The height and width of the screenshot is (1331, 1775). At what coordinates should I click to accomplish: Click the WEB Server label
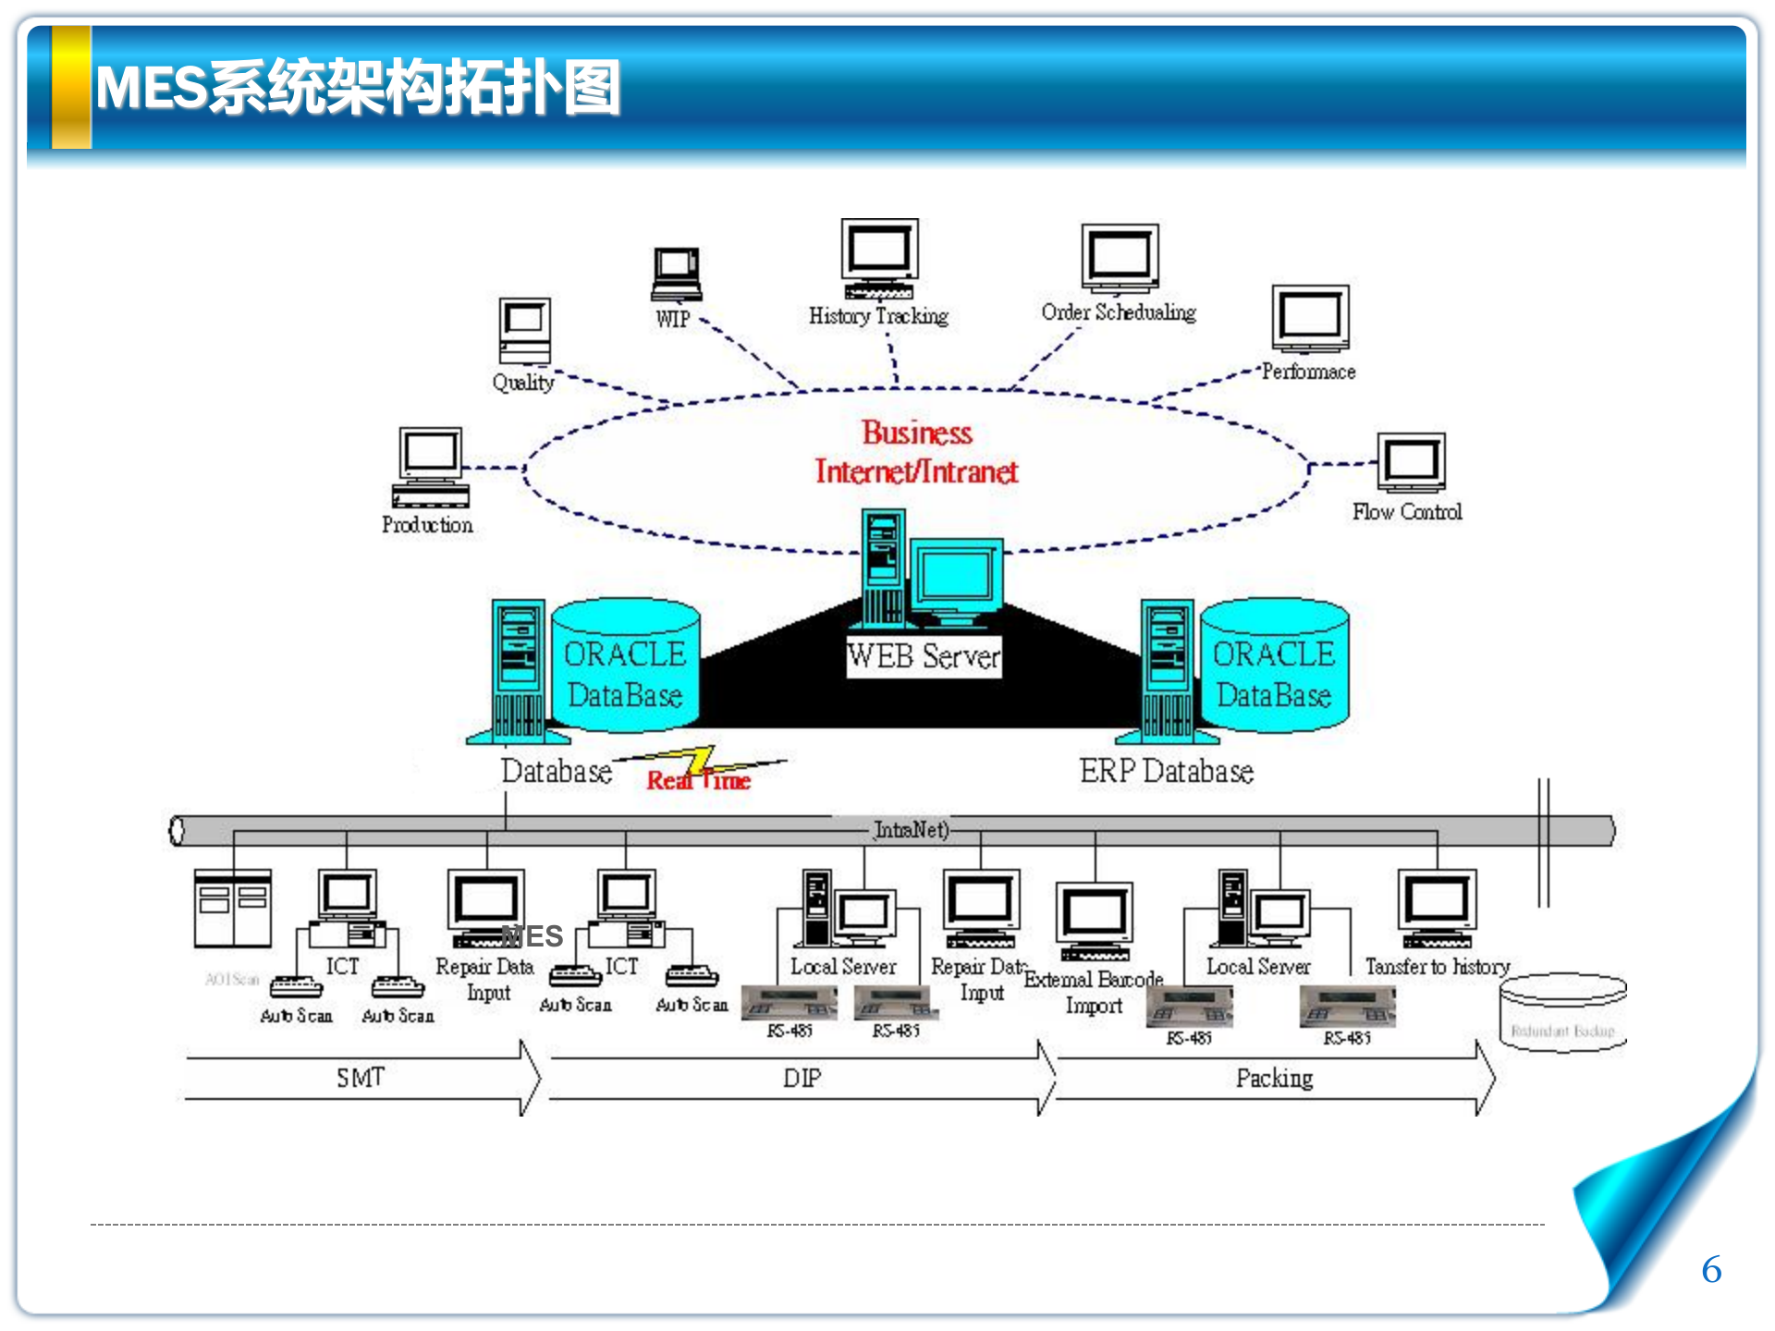(x=924, y=656)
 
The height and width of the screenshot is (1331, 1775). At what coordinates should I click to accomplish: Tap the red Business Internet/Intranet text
(x=916, y=453)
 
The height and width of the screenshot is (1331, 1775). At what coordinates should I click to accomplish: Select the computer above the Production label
(x=431, y=467)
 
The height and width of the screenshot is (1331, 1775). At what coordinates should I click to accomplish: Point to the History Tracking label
(x=878, y=316)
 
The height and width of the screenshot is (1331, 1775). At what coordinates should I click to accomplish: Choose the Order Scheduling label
(x=1119, y=312)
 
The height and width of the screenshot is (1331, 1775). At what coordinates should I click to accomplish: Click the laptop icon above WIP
(x=677, y=274)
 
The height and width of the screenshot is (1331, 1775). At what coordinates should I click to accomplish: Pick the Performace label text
(x=1309, y=372)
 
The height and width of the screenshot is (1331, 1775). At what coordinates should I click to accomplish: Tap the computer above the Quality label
(x=525, y=331)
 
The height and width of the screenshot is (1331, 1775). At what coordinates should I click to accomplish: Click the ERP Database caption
(x=1167, y=771)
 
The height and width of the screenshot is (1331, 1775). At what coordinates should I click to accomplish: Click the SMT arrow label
(x=361, y=1078)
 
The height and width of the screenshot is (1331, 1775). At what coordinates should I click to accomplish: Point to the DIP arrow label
(x=802, y=1079)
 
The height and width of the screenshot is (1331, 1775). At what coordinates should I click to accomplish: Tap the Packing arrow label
(x=1274, y=1079)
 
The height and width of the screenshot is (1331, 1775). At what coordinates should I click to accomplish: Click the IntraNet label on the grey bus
(x=912, y=830)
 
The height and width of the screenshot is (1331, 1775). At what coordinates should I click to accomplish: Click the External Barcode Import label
(x=1094, y=992)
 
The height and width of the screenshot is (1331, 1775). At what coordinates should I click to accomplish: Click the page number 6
(x=1711, y=1270)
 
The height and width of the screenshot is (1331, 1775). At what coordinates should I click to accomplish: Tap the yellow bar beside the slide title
(x=71, y=87)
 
